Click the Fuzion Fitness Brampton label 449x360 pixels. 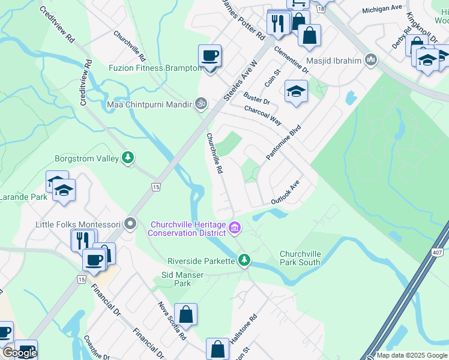click(155, 68)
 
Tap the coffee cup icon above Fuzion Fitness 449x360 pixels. click(209, 56)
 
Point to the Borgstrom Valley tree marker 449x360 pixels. click(127, 158)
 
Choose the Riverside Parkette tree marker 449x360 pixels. click(244, 260)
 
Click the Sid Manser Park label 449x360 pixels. click(182, 279)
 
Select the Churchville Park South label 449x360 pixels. click(300, 258)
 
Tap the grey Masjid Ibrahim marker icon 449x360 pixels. click(371, 59)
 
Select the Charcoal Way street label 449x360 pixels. click(263, 115)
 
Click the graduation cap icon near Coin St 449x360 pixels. click(295, 92)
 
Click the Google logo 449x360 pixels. click(20, 352)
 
